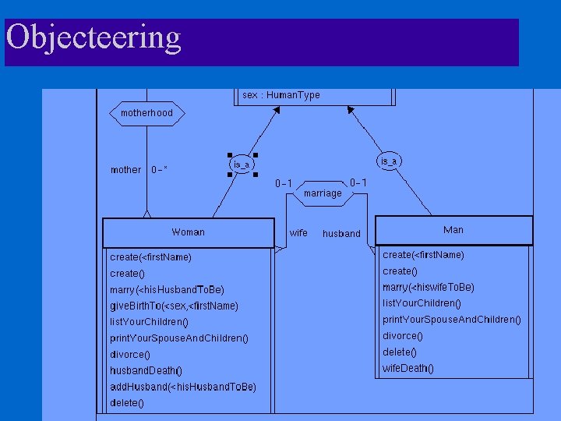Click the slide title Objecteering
tap(93, 37)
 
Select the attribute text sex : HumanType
tap(280, 95)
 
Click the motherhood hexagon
tap(146, 113)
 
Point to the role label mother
tap(125, 170)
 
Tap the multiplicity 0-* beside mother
tap(160, 170)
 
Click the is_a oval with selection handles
tap(242, 165)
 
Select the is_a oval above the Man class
tap(388, 161)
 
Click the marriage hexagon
tap(323, 193)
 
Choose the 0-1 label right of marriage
tap(358, 183)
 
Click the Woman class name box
tap(188, 232)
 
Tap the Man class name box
tap(453, 230)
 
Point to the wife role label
tap(298, 233)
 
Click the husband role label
tap(341, 234)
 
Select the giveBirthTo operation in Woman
tap(175, 306)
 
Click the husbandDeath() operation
tap(146, 370)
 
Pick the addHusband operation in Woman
tap(183, 387)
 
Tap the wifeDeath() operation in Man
tap(408, 368)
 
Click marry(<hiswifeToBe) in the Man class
tap(429, 287)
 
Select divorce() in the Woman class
tap(130, 354)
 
